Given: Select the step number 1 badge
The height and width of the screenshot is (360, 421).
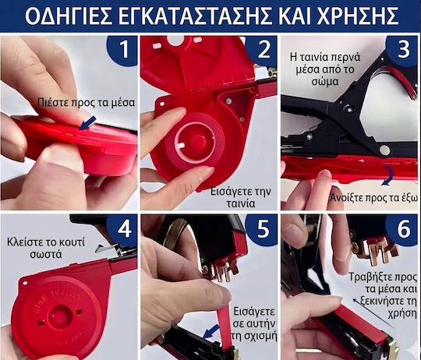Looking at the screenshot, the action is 122,50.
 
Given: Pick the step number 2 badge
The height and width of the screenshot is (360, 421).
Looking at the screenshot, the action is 262,50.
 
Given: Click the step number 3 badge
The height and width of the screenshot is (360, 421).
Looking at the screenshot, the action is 402,50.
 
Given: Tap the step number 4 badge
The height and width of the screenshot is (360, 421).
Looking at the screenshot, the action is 122,230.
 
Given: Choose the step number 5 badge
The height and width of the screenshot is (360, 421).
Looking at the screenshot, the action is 262,230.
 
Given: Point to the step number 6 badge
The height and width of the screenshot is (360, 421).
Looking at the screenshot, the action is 402,230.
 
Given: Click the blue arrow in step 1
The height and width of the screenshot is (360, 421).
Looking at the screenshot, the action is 87,123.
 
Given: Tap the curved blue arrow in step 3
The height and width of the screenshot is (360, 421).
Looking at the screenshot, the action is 388,175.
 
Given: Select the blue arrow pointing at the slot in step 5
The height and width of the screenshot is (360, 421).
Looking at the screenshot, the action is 211,332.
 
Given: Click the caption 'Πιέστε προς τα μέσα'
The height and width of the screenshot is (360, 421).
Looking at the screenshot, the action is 86,103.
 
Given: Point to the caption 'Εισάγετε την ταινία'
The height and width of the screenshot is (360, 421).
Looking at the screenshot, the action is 241,198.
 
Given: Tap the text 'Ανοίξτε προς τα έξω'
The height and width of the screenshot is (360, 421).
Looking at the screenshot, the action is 373,198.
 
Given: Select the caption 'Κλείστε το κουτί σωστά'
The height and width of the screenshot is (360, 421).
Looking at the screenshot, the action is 46,248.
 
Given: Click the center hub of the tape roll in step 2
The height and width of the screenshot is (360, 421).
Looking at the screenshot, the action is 197,142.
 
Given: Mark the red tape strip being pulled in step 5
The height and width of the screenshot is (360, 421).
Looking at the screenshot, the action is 225,328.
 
